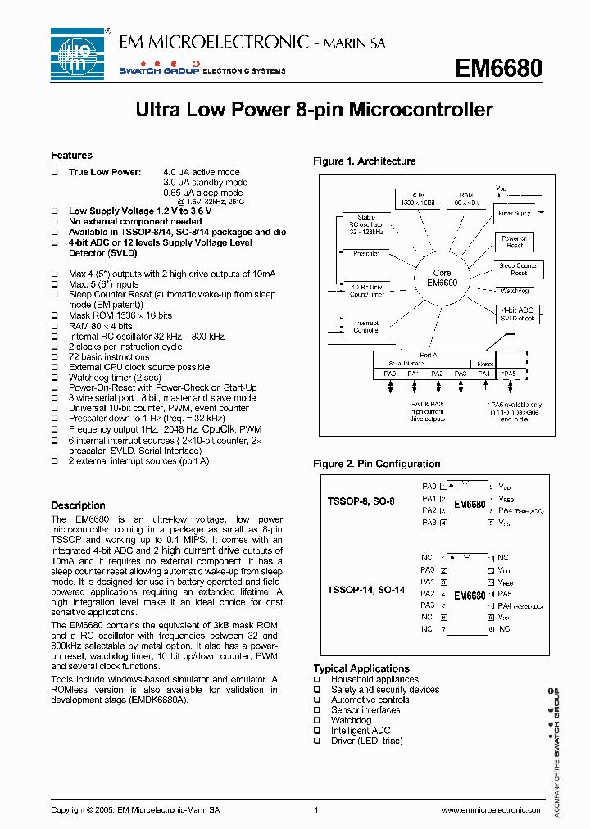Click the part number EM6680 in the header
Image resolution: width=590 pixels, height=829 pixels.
click(x=499, y=69)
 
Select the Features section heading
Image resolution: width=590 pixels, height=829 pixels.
click(x=72, y=156)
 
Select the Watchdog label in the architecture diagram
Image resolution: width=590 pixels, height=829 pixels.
click(x=514, y=291)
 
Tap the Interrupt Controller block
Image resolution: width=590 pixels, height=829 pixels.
click(x=365, y=326)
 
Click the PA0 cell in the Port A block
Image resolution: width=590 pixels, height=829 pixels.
click(x=389, y=373)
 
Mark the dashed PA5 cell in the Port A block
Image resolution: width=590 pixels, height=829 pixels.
click(x=510, y=373)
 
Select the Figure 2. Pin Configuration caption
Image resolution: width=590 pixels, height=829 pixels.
click(x=376, y=464)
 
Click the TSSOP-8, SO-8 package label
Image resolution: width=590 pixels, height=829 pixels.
click(x=361, y=501)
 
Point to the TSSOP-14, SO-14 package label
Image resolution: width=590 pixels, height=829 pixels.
click(x=365, y=590)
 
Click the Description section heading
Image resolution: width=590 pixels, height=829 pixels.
click(x=78, y=505)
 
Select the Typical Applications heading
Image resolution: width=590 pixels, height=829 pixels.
click(x=361, y=668)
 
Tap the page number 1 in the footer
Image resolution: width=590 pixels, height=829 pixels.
click(x=315, y=810)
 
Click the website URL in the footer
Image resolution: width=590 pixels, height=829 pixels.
click(x=492, y=810)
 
